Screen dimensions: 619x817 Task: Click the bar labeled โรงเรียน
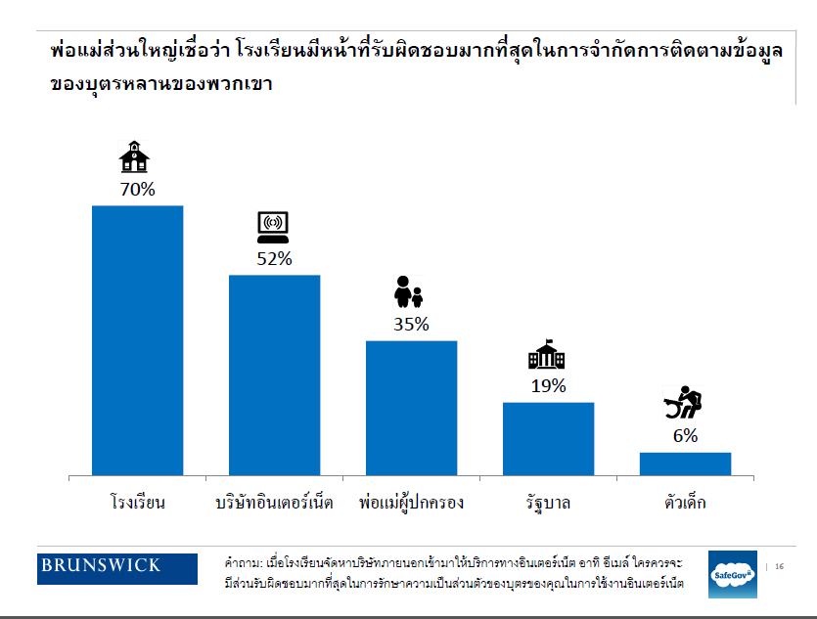137,340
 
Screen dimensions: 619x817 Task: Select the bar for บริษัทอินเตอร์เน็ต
274,376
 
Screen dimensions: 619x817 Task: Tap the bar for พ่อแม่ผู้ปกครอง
411,408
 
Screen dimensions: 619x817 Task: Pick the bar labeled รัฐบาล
548,439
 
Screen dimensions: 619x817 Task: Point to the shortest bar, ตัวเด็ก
685,464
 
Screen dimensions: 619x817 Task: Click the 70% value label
137,189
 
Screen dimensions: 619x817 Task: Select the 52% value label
274,258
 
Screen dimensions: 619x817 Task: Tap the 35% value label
411,324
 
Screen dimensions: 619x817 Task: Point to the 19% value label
548,385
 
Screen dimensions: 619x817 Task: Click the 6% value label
685,436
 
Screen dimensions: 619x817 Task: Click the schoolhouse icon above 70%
135,157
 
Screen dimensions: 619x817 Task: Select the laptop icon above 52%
272,228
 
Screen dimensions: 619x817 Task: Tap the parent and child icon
408,291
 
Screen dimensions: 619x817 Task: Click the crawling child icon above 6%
683,404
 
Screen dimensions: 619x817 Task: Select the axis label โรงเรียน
137,504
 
